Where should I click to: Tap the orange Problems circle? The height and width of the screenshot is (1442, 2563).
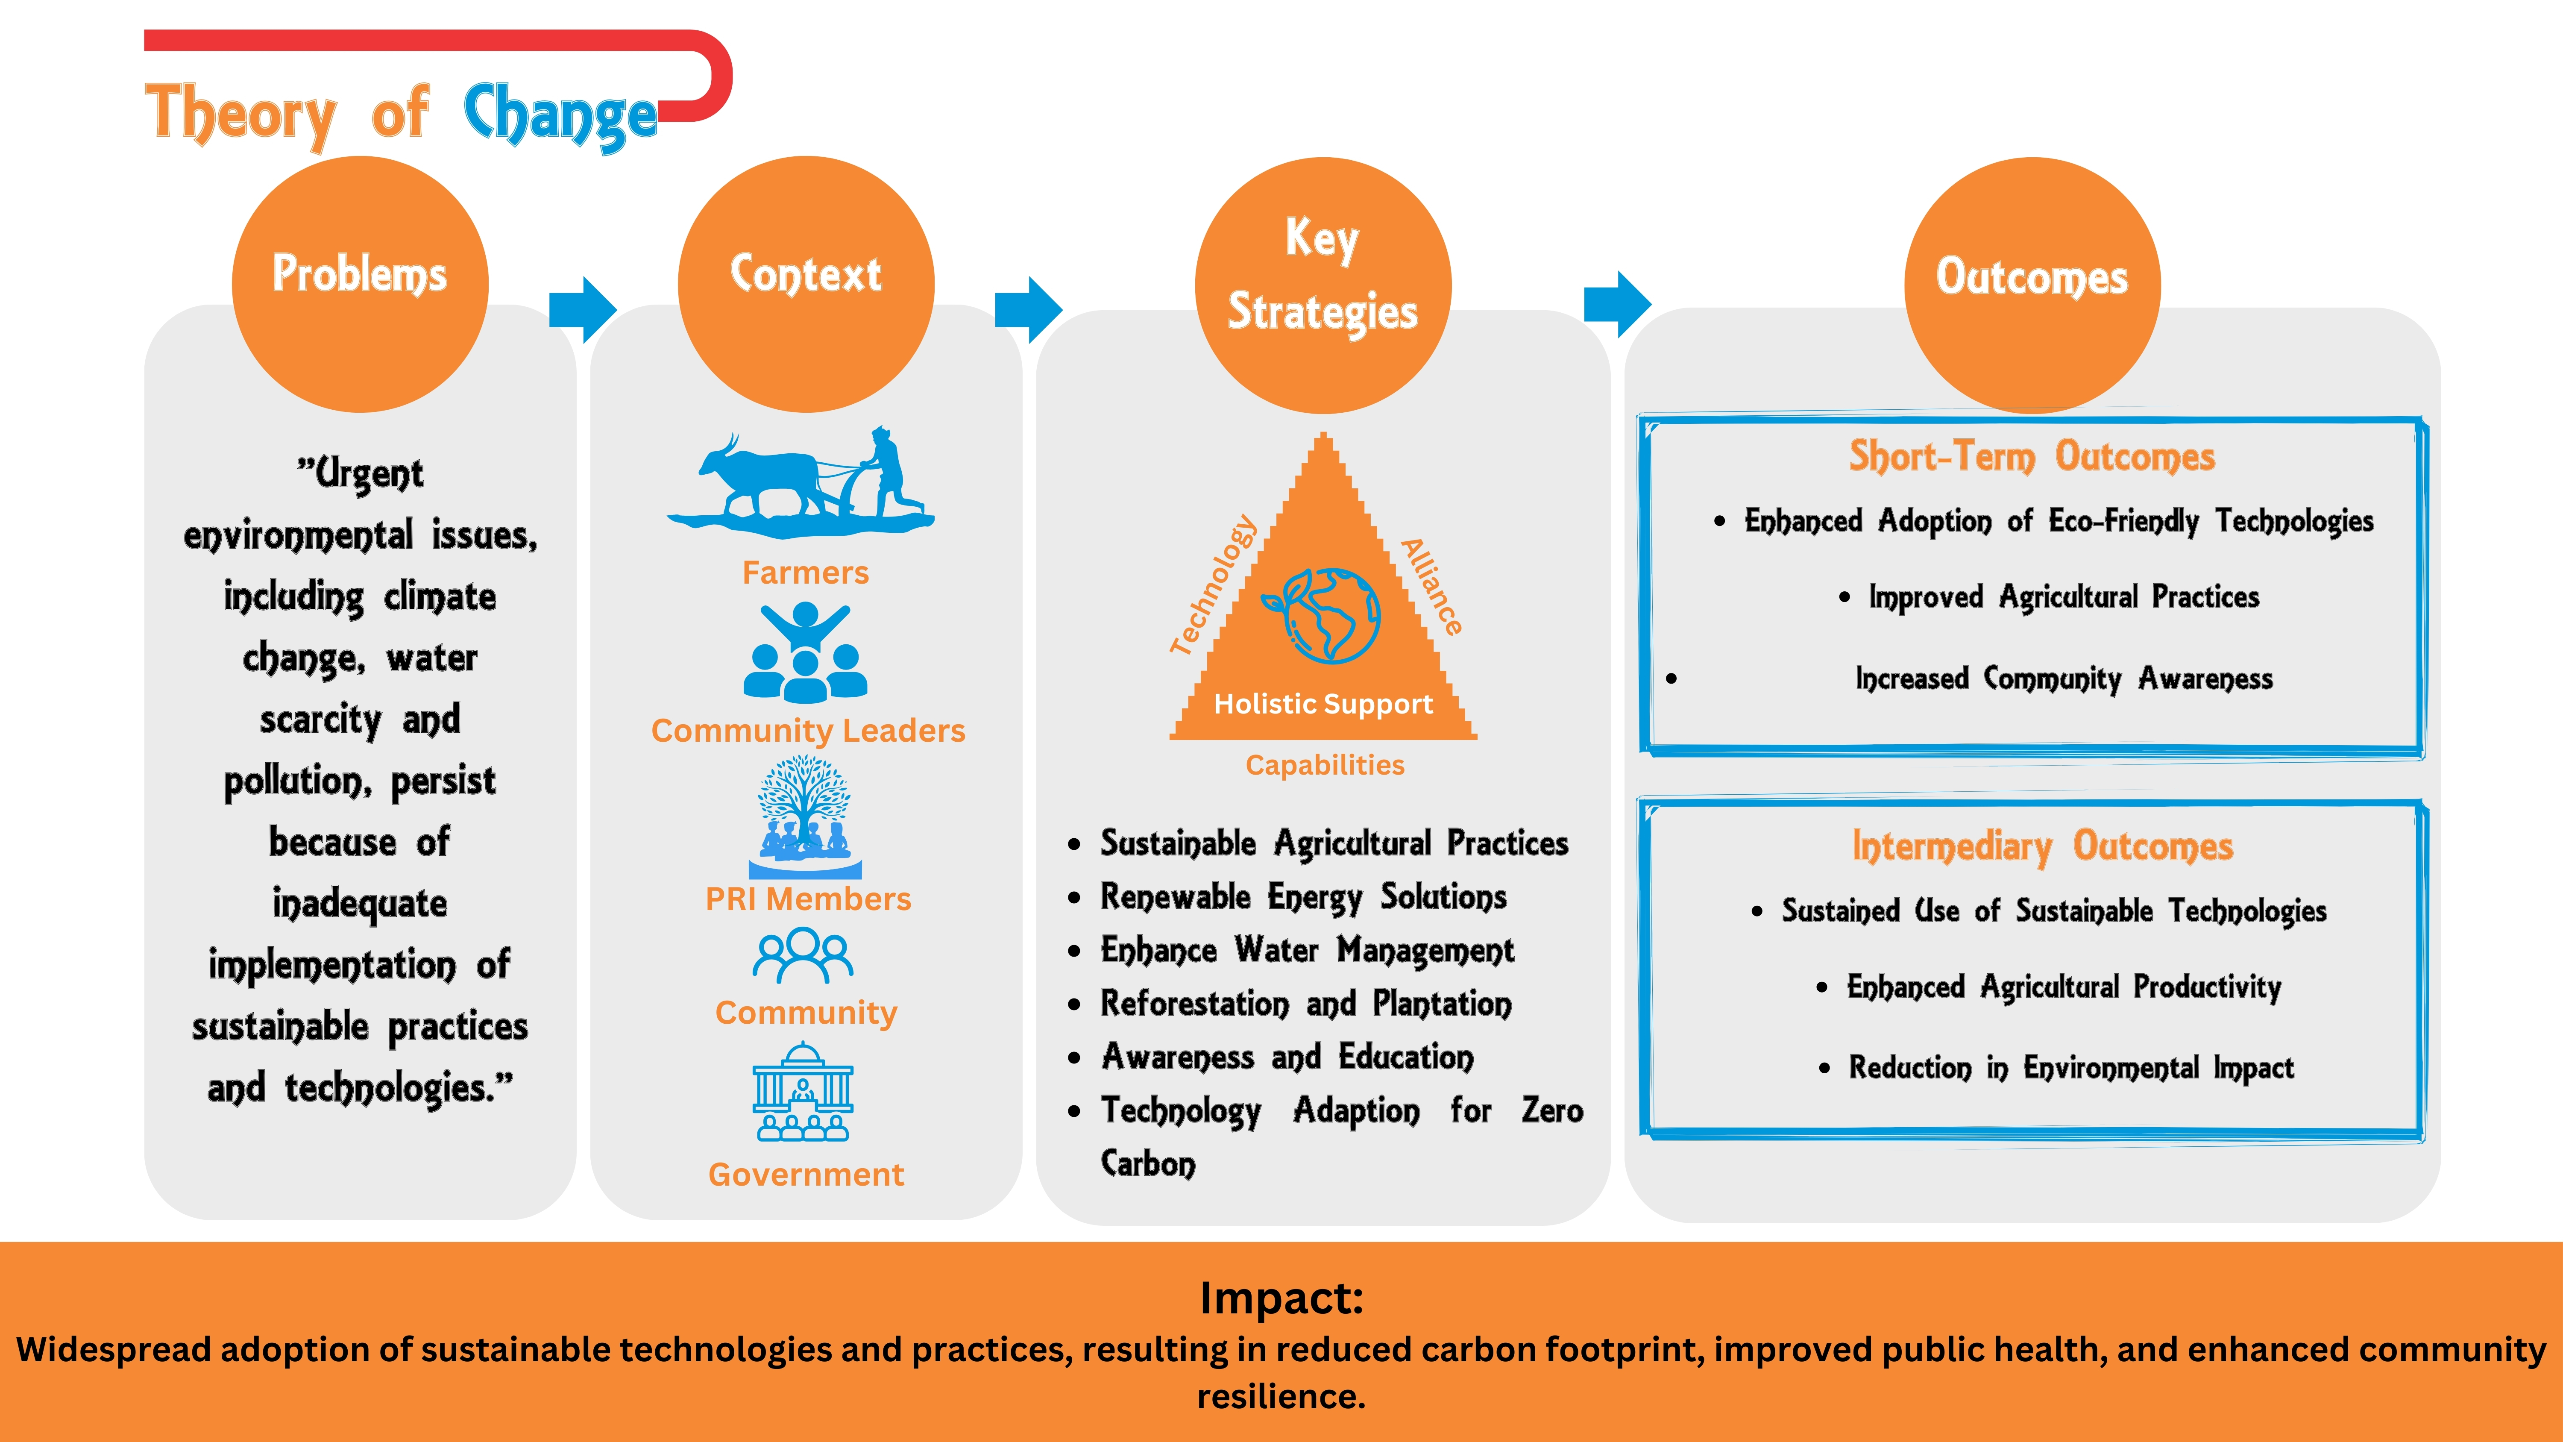(360, 285)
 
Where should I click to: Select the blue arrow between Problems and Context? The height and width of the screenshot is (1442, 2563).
(583, 309)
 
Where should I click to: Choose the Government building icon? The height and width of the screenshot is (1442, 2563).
(803, 1092)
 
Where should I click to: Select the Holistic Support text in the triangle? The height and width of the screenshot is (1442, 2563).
(1323, 705)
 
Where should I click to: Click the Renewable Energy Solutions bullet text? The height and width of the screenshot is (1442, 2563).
(1303, 898)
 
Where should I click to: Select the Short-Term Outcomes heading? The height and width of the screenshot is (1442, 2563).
(2032, 457)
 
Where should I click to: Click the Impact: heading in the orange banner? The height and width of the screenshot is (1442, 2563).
(1281, 1298)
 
